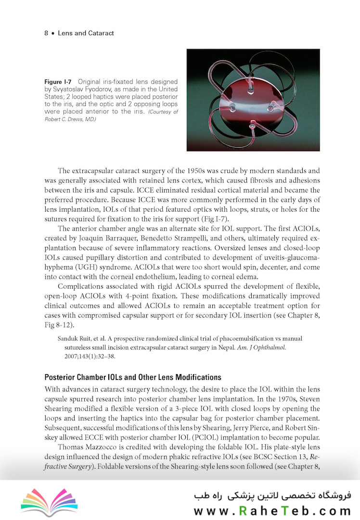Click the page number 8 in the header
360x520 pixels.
pos(46,34)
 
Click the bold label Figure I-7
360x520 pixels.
pos(58,82)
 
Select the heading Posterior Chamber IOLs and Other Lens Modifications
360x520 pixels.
pos(132,377)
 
